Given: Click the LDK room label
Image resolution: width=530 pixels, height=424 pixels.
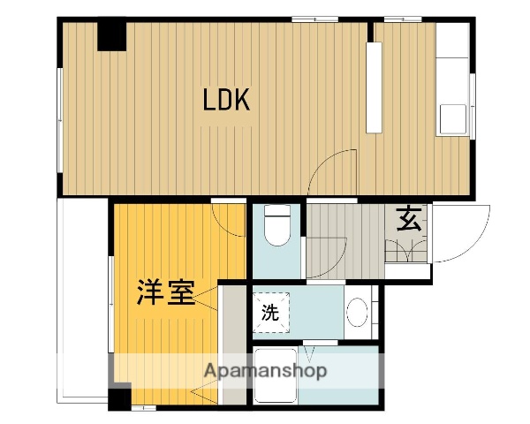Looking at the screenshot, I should (227, 100).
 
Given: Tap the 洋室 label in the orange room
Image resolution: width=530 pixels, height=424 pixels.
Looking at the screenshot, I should (165, 292).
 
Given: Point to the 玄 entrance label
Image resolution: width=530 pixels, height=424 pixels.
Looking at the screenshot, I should (408, 217).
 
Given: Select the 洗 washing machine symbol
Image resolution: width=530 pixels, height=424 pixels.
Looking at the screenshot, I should (270, 311).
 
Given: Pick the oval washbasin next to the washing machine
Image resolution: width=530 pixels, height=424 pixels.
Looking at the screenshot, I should (357, 312).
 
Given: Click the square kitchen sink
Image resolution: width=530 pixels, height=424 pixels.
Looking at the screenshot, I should (452, 118).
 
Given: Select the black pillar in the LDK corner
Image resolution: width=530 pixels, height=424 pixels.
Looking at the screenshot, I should (112, 34).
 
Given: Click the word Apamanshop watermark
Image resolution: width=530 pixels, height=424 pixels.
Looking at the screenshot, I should (266, 371).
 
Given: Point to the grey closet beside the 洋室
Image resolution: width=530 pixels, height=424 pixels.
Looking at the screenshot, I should (232, 344).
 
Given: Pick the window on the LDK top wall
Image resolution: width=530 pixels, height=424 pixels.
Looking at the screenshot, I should (315, 19).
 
